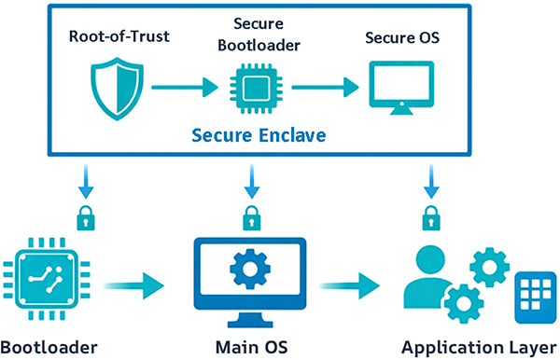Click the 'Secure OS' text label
click(x=400, y=38)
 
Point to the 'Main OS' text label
click(x=250, y=347)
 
